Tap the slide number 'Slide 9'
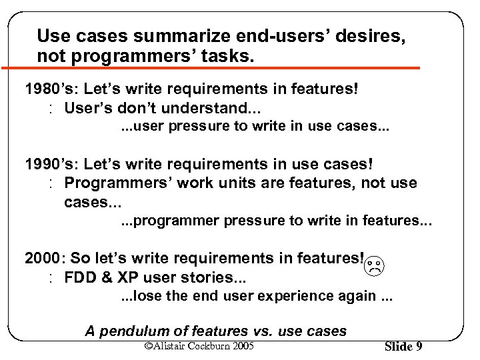tap(403, 346)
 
